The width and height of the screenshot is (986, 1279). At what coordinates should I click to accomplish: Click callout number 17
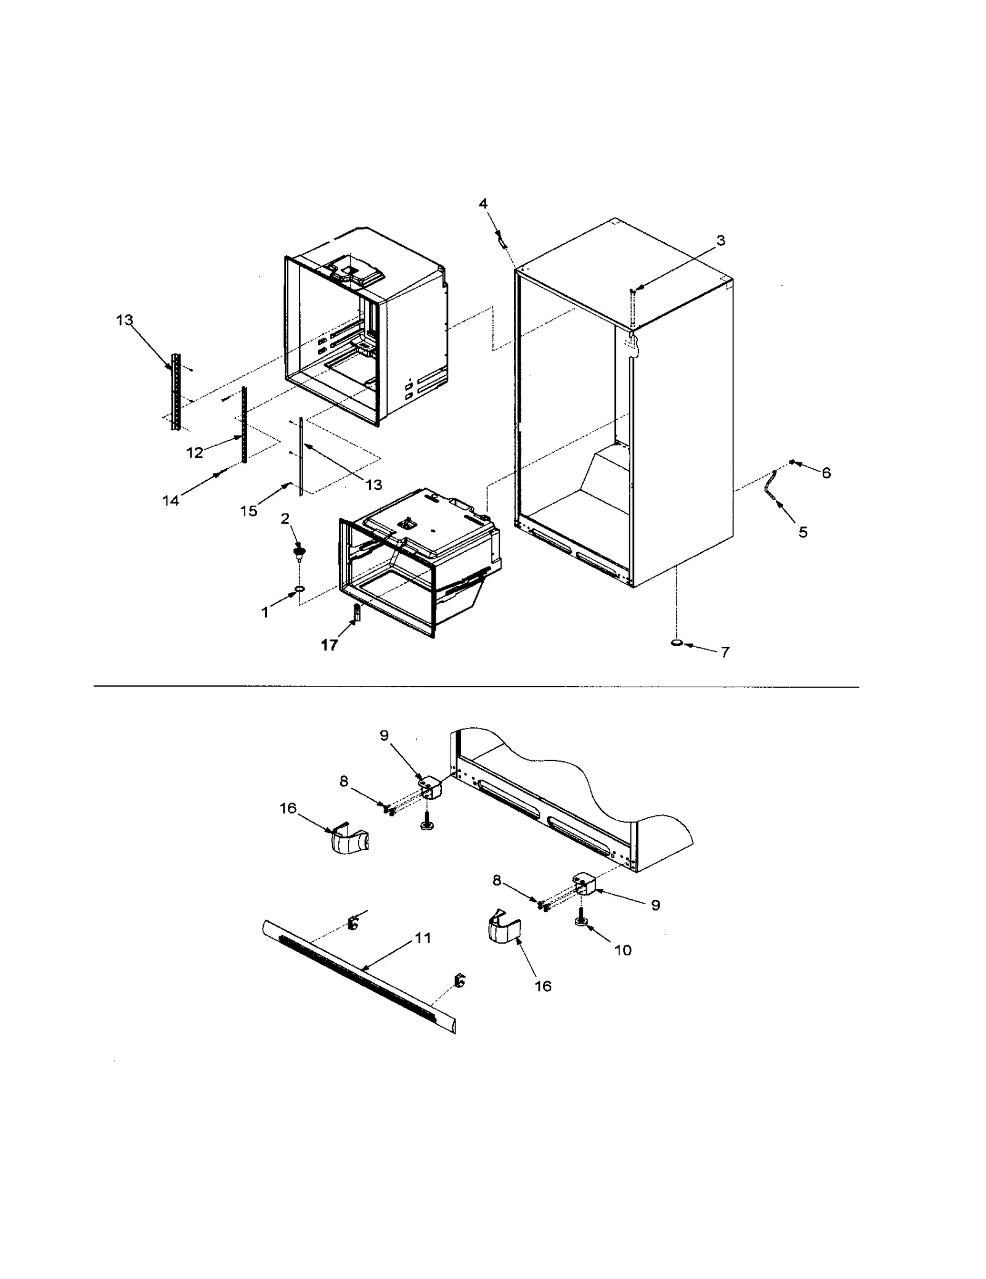pos(329,645)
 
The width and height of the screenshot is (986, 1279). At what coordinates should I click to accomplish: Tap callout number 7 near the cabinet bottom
pos(725,652)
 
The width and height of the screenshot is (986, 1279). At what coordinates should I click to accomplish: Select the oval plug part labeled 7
pos(677,643)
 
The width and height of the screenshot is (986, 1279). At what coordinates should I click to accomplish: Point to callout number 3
pos(720,240)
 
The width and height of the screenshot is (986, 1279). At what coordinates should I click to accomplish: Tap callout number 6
pos(826,473)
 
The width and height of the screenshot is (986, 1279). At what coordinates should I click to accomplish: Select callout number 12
pos(195,452)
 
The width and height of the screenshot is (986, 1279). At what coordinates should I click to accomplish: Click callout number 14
pos(171,501)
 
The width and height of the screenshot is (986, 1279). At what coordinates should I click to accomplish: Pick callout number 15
pos(248,511)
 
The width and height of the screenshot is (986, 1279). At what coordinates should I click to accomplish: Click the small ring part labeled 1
pos(299,590)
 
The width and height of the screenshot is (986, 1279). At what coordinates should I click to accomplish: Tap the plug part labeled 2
pos(299,550)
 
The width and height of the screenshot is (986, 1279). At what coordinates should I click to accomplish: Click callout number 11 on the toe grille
pos(422,938)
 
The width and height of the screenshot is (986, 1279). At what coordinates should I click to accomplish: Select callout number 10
pos(623,950)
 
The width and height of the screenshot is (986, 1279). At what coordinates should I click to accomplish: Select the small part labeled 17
pos(356,612)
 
